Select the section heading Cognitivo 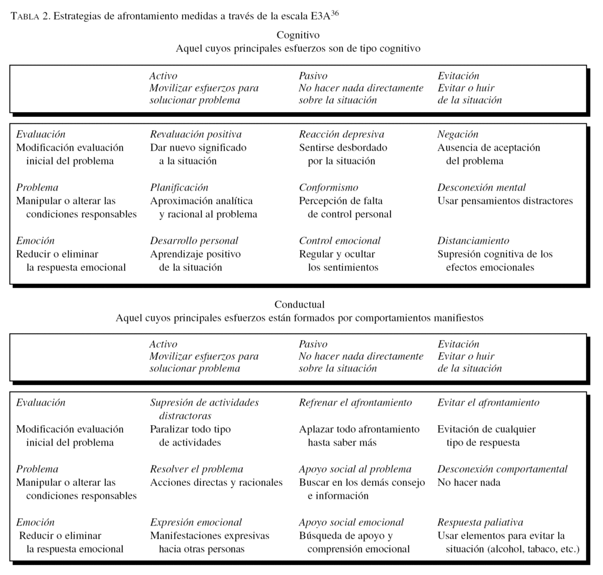click(x=297, y=35)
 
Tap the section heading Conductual click(x=299, y=304)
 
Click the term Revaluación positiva click(x=196, y=134)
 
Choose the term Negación click(x=458, y=134)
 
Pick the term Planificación click(x=179, y=188)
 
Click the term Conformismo click(x=328, y=188)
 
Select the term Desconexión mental click(x=481, y=188)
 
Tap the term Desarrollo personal click(x=194, y=241)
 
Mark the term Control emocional click(x=339, y=241)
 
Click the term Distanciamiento click(x=473, y=241)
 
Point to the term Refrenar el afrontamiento click(x=355, y=403)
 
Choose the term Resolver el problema click(x=196, y=469)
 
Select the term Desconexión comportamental click(x=502, y=469)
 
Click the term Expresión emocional click(x=196, y=523)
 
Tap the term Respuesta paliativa click(x=480, y=523)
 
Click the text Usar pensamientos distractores click(x=505, y=201)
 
